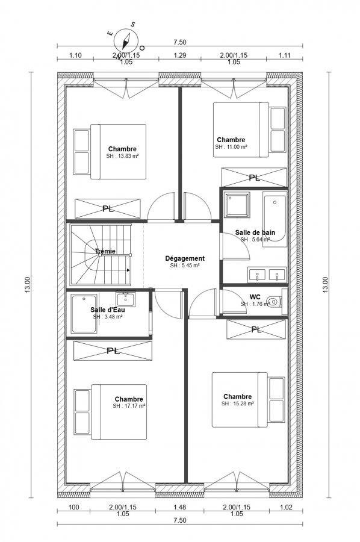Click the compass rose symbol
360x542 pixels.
126,40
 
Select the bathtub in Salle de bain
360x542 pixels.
275,219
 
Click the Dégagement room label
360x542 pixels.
185,258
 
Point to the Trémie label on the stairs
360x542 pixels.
105,251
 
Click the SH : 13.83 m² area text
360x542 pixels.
122,156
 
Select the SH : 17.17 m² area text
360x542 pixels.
129,406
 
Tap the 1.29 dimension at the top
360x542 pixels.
179,55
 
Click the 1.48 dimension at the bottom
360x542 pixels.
179,508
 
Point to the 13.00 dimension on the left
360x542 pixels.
28,285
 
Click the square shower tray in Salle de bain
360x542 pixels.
237,205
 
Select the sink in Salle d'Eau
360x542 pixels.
126,299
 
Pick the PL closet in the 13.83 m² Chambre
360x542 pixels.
108,208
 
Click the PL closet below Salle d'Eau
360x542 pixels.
113,351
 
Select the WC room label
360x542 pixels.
255,297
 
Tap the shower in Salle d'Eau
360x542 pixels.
84,314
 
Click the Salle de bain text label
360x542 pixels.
255,232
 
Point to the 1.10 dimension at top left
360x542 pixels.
75,55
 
